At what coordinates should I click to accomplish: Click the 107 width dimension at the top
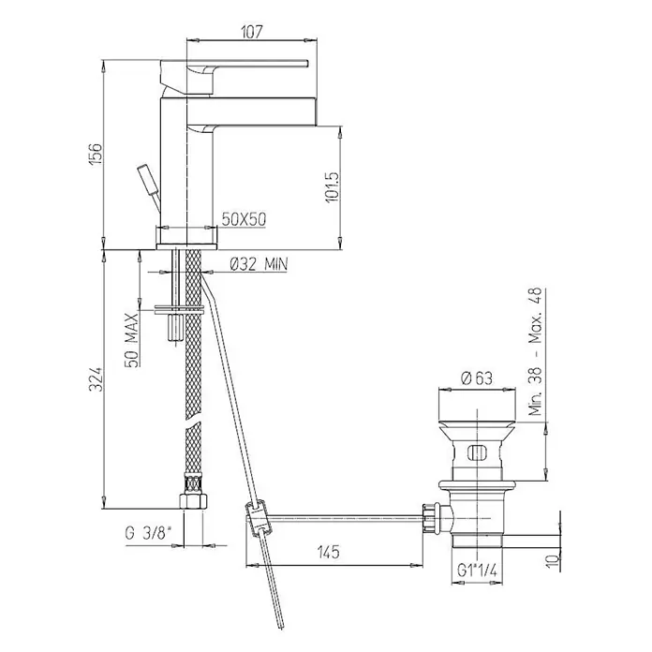252,32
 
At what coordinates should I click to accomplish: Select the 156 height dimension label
96,154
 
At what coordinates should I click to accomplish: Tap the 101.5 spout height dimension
333,187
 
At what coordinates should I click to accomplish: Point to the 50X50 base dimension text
244,219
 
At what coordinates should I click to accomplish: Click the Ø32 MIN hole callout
259,263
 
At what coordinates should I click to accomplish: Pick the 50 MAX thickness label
132,341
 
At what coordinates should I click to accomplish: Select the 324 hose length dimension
96,378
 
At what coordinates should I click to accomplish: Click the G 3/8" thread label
148,533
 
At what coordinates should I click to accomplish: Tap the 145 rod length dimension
329,552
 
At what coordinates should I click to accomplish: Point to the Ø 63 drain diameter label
477,378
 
